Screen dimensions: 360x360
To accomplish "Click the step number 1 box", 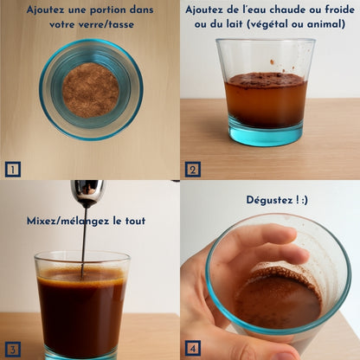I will (12, 169).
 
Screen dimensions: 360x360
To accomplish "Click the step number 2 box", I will (192, 169).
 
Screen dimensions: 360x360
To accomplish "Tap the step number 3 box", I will (12, 349).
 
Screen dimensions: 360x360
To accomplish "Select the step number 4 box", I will (192, 349).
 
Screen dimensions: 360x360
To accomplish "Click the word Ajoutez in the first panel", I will (49, 10).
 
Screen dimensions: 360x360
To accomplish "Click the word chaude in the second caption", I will (288, 10).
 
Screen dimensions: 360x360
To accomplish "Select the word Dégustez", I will (266, 200).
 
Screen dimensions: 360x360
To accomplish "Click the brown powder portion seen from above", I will (91, 90).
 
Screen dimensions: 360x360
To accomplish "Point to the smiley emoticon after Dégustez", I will (300, 200).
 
